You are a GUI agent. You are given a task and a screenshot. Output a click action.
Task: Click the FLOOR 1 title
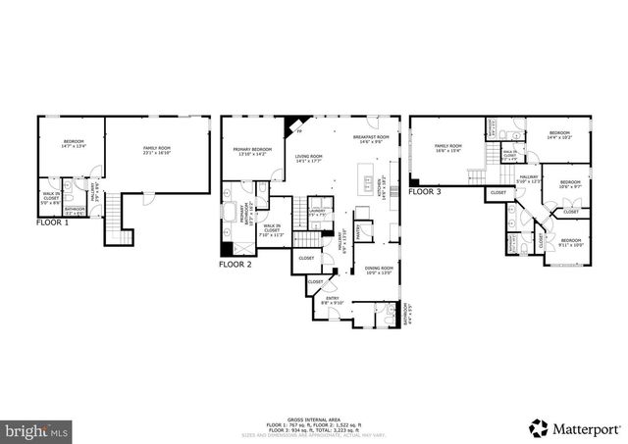coord(52,222)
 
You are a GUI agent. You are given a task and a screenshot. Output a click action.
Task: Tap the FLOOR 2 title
coord(235,264)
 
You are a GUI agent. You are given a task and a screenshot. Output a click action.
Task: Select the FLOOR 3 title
coord(425,192)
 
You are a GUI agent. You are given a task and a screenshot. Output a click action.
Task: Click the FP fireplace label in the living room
coord(299,130)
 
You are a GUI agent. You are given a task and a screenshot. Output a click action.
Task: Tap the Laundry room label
coord(316,212)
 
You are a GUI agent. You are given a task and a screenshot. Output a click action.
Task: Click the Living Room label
coord(312,158)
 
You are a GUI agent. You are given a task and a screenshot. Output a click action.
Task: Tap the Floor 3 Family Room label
coord(448,147)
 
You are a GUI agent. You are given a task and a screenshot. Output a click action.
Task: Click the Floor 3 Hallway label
coord(528,178)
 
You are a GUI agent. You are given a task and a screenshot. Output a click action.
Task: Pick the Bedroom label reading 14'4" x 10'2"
coord(559,134)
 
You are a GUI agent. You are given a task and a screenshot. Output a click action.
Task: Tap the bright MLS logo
coord(36,429)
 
